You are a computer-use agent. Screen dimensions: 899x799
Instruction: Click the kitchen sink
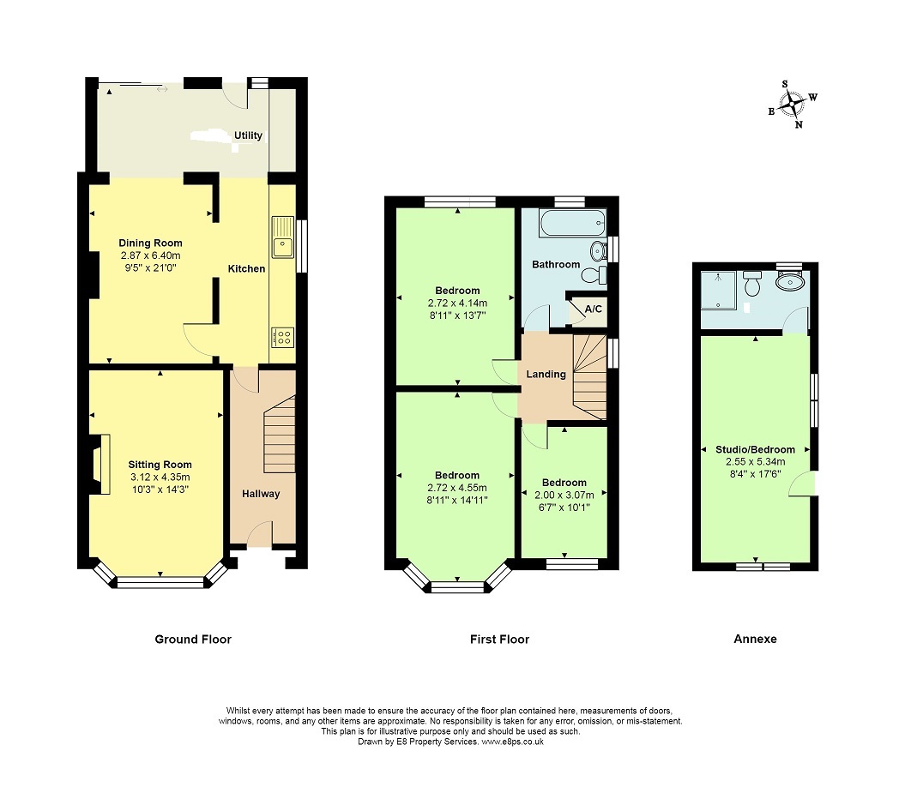[282, 237]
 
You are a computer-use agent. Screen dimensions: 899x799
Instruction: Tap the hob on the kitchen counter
[282, 337]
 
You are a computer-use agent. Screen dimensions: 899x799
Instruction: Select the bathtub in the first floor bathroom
[572, 223]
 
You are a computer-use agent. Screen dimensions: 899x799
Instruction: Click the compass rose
[792, 105]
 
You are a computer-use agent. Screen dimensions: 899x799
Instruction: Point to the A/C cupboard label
[593, 309]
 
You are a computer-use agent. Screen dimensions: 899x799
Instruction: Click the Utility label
[248, 135]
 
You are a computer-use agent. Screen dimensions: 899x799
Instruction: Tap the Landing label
[546, 375]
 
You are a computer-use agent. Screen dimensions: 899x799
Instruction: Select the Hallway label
[261, 494]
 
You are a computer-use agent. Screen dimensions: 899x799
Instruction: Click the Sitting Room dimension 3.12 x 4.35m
[160, 477]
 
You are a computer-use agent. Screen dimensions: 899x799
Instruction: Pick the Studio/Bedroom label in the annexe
[755, 449]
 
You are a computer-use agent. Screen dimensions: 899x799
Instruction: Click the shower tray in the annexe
[718, 291]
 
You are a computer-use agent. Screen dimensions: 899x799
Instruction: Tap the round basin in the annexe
[790, 281]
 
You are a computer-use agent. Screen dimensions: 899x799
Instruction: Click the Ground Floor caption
[193, 639]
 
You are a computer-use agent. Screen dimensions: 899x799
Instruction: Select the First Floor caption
[499, 639]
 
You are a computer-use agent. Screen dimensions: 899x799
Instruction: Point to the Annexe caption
[755, 639]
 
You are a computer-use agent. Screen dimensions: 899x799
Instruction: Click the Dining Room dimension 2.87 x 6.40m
[150, 255]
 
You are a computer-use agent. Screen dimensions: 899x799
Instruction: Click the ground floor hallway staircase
[279, 434]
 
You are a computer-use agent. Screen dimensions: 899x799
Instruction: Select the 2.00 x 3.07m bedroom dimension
[564, 495]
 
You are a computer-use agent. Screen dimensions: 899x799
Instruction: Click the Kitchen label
[246, 268]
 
